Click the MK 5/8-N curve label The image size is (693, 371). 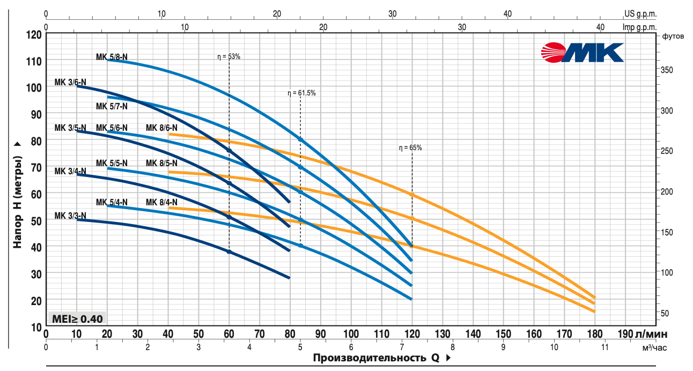tap(112, 56)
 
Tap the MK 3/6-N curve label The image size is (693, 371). tap(70, 83)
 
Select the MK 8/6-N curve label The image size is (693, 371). tap(161, 128)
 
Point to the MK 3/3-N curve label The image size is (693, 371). tap(70, 216)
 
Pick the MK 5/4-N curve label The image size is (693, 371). tap(112, 202)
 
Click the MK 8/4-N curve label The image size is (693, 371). tap(161, 202)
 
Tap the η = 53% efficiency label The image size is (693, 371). tap(228, 56)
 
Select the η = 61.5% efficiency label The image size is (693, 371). tap(301, 93)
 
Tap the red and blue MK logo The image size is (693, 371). tap(582, 53)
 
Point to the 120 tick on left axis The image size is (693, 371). tap(33, 35)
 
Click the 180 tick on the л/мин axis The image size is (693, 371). tap(594, 334)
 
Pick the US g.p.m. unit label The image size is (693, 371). tap(640, 14)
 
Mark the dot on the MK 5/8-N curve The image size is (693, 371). tap(300, 139)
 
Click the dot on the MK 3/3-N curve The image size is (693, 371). tap(229, 251)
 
